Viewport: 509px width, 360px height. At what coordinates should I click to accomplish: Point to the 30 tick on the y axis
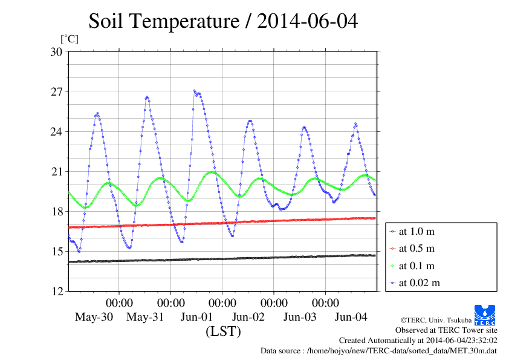56,51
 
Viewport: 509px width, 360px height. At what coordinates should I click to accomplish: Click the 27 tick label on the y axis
56,91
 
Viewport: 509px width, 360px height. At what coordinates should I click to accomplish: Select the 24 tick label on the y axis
56,131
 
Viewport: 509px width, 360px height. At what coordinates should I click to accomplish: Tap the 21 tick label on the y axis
56,171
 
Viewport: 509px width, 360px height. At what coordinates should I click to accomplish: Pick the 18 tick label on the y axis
56,211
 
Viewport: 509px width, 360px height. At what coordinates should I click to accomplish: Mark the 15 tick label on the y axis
56,251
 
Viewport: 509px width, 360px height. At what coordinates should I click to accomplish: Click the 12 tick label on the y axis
56,291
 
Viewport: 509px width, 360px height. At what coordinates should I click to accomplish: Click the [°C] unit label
70,39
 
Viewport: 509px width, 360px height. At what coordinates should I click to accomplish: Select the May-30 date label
94,317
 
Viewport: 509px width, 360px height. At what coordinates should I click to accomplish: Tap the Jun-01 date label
196,317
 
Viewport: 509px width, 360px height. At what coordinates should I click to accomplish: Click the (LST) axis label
223,331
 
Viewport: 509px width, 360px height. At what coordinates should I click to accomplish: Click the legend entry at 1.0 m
417,231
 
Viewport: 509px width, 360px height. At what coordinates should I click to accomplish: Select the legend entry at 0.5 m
417,248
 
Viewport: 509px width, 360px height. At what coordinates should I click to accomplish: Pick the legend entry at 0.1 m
417,265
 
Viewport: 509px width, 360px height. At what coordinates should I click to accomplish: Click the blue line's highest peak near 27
195,91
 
